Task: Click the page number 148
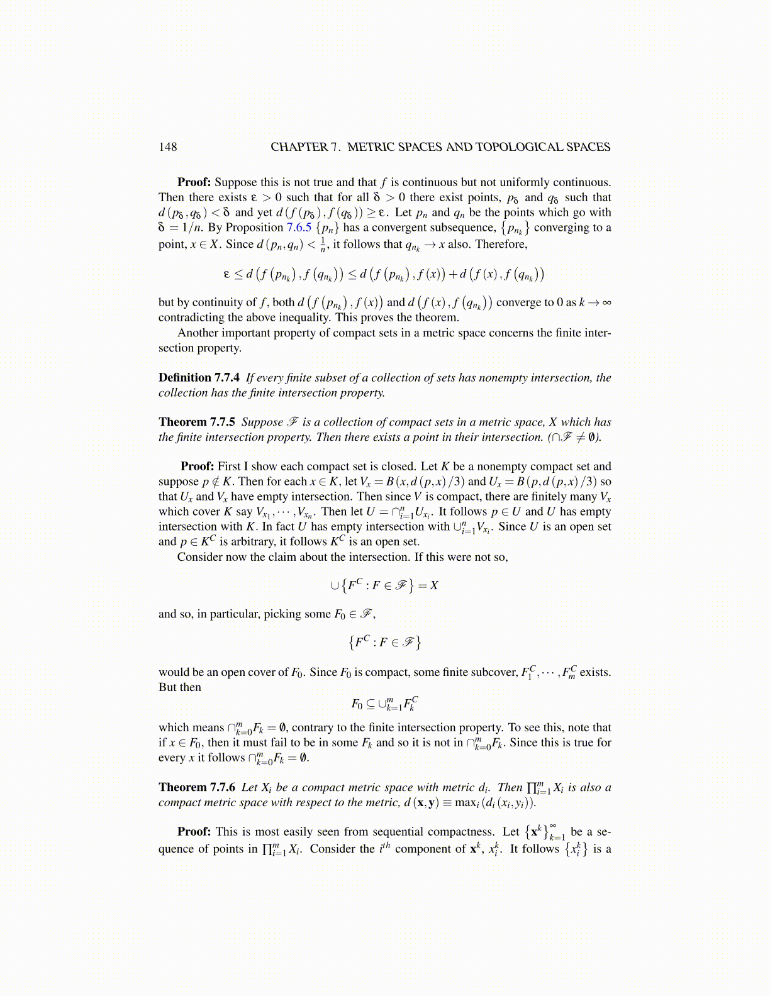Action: [168, 147]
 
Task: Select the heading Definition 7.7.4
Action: [199, 377]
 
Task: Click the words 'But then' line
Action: [180, 687]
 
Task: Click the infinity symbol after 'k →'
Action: [606, 302]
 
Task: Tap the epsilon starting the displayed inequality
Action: [227, 274]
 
